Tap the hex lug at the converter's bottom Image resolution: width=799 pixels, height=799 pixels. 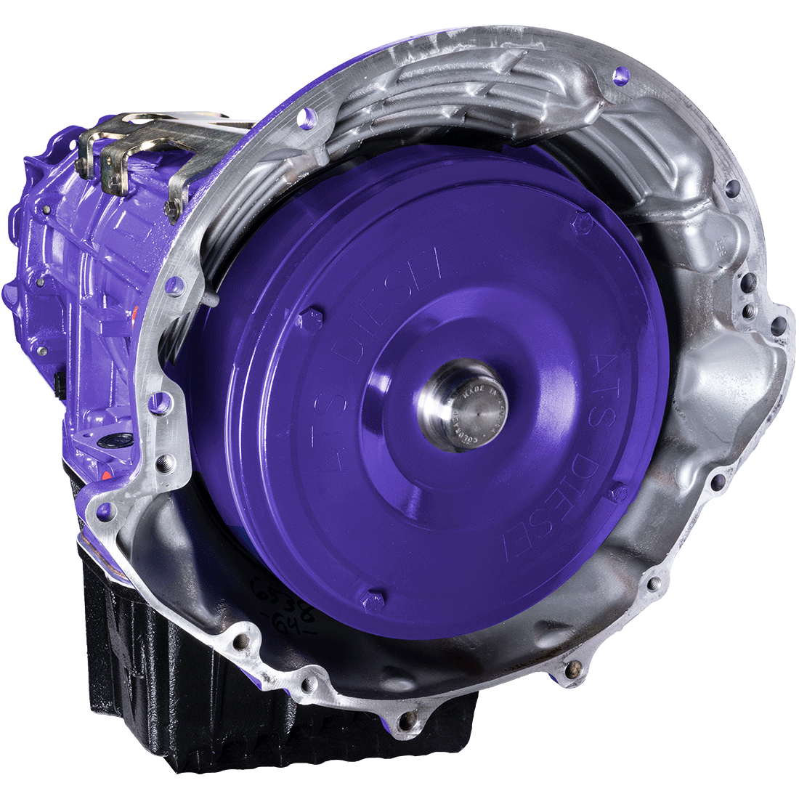click(373, 600)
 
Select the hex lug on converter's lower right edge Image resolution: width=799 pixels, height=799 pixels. click(618, 493)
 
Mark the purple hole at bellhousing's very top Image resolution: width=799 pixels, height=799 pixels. click(619, 75)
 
